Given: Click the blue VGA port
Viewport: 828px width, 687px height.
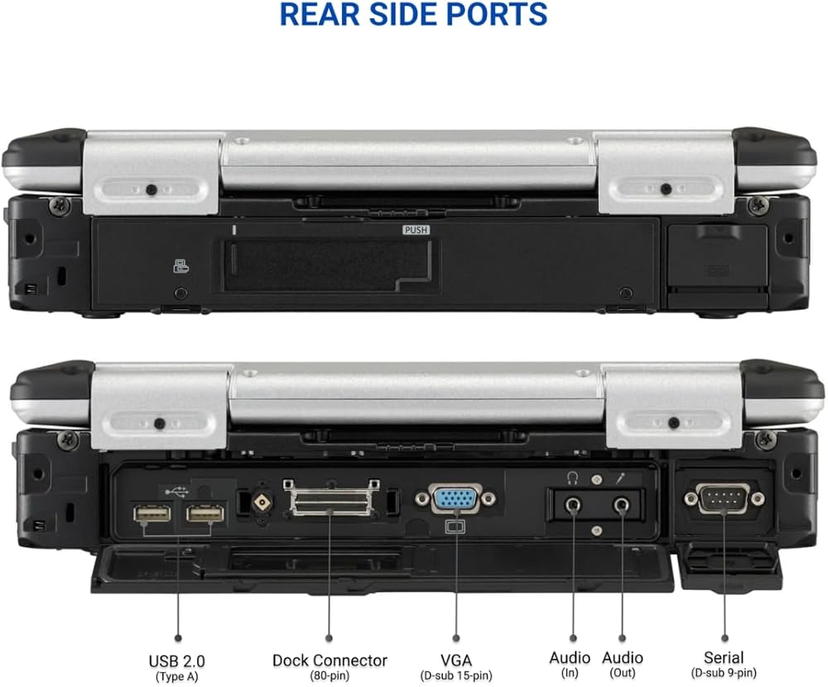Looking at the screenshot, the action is (x=455, y=500).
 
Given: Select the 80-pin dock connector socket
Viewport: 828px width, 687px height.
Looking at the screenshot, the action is (x=330, y=501).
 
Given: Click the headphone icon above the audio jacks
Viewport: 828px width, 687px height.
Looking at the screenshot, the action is (x=571, y=477).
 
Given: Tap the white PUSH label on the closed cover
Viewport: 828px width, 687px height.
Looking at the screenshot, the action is (x=415, y=230).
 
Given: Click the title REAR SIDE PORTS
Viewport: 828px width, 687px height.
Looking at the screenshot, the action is (x=413, y=14).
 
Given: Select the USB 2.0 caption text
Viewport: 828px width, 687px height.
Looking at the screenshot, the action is (x=176, y=660).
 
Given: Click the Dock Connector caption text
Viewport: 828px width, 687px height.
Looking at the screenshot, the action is (x=330, y=660).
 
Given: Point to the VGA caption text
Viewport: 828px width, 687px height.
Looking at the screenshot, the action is (x=455, y=660).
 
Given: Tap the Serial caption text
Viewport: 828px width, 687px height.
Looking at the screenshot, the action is (x=723, y=658).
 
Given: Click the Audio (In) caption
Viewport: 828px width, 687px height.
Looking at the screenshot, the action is (x=570, y=658).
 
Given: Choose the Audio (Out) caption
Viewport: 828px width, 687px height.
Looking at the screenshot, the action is (x=622, y=658).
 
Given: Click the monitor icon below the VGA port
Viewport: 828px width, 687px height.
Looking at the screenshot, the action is (x=455, y=525).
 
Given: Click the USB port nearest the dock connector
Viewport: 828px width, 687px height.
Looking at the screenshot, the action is (x=205, y=515).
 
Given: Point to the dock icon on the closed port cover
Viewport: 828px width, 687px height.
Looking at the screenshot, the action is (x=179, y=266).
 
